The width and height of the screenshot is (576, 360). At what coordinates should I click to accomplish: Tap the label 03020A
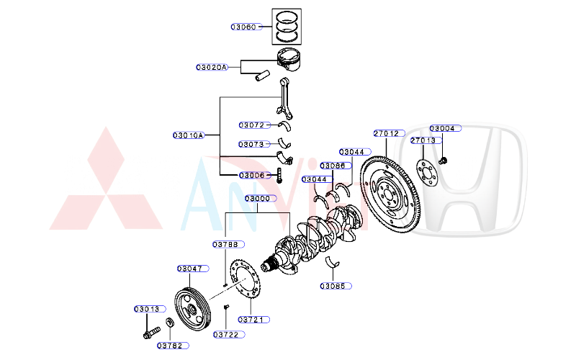click(x=212, y=67)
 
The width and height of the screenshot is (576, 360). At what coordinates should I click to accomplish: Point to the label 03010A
click(x=189, y=135)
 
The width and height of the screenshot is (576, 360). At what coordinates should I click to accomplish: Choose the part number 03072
click(x=252, y=125)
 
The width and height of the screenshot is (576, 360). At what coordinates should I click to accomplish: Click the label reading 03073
click(x=252, y=144)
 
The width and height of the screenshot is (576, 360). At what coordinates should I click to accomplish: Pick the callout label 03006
click(x=253, y=175)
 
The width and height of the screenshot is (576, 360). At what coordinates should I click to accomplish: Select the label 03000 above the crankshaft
click(x=257, y=199)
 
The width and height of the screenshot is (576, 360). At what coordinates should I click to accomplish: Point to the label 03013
click(x=146, y=309)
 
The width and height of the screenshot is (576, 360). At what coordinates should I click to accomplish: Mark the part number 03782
click(x=173, y=346)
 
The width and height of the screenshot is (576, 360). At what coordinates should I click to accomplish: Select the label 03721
click(x=252, y=319)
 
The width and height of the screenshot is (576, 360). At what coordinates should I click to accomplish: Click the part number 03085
click(x=336, y=286)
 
